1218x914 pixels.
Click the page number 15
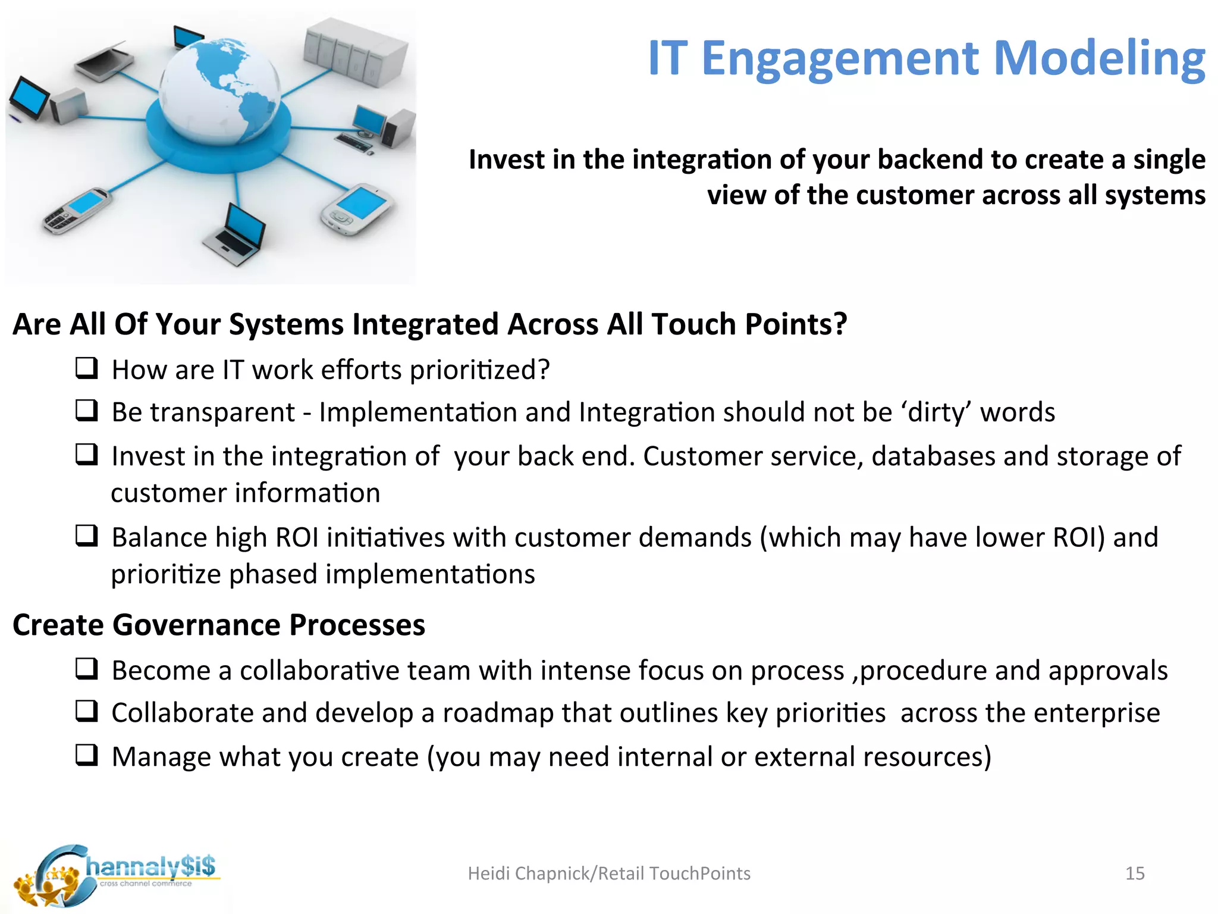[1135, 874]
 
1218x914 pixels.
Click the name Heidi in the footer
[489, 874]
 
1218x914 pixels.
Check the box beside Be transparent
[87, 411]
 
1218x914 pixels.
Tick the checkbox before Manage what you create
[87, 755]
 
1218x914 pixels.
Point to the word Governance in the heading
[197, 625]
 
